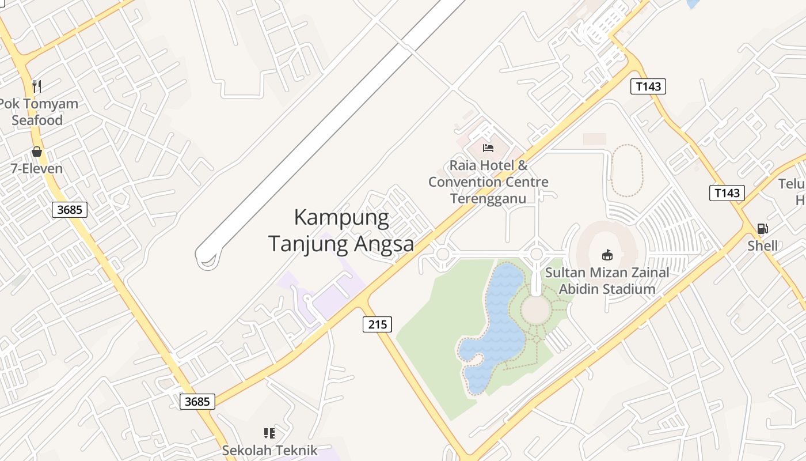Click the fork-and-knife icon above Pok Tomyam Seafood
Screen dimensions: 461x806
37,86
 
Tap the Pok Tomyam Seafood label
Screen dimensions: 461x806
38,112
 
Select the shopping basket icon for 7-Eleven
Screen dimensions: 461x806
37,152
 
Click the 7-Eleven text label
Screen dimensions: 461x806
37,169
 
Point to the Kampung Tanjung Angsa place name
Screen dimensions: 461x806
341,231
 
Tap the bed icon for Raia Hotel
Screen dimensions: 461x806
488,148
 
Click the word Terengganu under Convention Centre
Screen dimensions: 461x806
488,199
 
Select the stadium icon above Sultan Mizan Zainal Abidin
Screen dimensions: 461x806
607,254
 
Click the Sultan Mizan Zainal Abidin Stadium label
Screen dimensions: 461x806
607,281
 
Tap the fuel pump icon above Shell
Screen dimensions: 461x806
762,229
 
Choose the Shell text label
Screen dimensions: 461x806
762,246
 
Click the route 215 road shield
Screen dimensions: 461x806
378,324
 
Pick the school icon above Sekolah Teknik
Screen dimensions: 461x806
269,433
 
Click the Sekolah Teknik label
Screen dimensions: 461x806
270,450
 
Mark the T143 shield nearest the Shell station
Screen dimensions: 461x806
727,192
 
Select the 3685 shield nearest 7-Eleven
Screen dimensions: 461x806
70,209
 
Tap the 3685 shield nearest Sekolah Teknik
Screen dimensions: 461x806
197,401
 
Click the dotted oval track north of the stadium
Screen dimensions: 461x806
627,171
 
